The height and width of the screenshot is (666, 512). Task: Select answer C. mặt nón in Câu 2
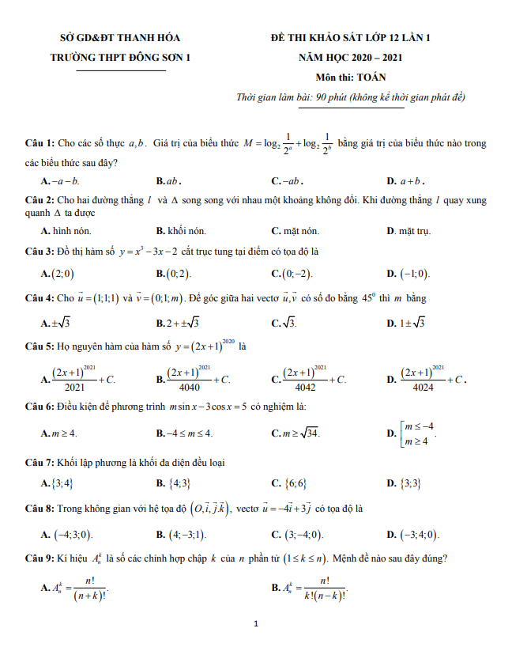[296, 232]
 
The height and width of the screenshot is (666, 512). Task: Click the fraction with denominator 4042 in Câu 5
[309, 380]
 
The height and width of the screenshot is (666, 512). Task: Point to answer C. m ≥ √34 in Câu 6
[296, 433]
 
